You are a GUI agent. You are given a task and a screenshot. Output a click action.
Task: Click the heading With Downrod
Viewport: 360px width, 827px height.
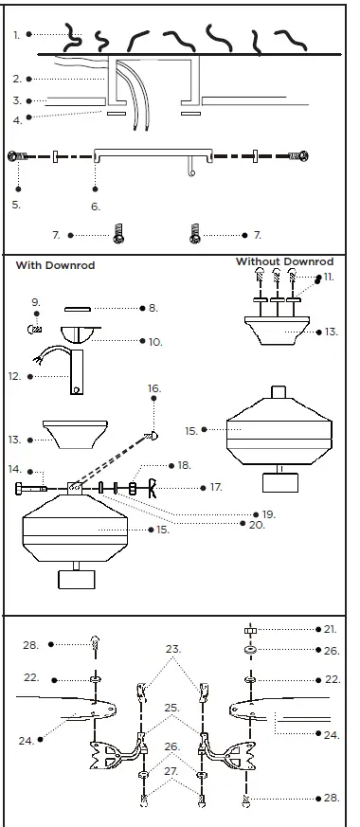54,266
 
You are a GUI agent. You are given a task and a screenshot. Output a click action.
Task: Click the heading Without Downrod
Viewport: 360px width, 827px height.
286,261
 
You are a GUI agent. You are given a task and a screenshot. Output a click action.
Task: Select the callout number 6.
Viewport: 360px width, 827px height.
95,206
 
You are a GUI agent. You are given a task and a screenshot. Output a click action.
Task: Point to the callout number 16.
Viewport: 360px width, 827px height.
154,388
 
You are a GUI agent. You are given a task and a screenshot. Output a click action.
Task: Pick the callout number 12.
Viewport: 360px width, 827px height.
14,376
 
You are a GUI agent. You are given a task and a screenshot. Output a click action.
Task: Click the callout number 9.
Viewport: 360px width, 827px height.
35,302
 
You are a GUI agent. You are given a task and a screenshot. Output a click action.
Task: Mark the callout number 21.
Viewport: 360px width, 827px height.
330,628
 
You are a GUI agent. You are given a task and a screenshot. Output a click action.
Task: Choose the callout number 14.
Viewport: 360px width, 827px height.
14,469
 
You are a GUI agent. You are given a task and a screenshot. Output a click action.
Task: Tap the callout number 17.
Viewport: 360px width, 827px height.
216,487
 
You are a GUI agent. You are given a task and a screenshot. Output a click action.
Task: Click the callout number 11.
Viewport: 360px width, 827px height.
329,277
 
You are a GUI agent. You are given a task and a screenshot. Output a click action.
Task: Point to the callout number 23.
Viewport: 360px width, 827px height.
172,649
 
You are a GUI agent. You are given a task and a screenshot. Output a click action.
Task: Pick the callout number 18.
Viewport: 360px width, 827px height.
184,465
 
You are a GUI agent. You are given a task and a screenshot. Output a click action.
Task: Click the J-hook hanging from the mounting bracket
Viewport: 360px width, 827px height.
190,167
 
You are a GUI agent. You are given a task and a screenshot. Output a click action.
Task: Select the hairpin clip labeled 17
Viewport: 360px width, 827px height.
148,489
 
